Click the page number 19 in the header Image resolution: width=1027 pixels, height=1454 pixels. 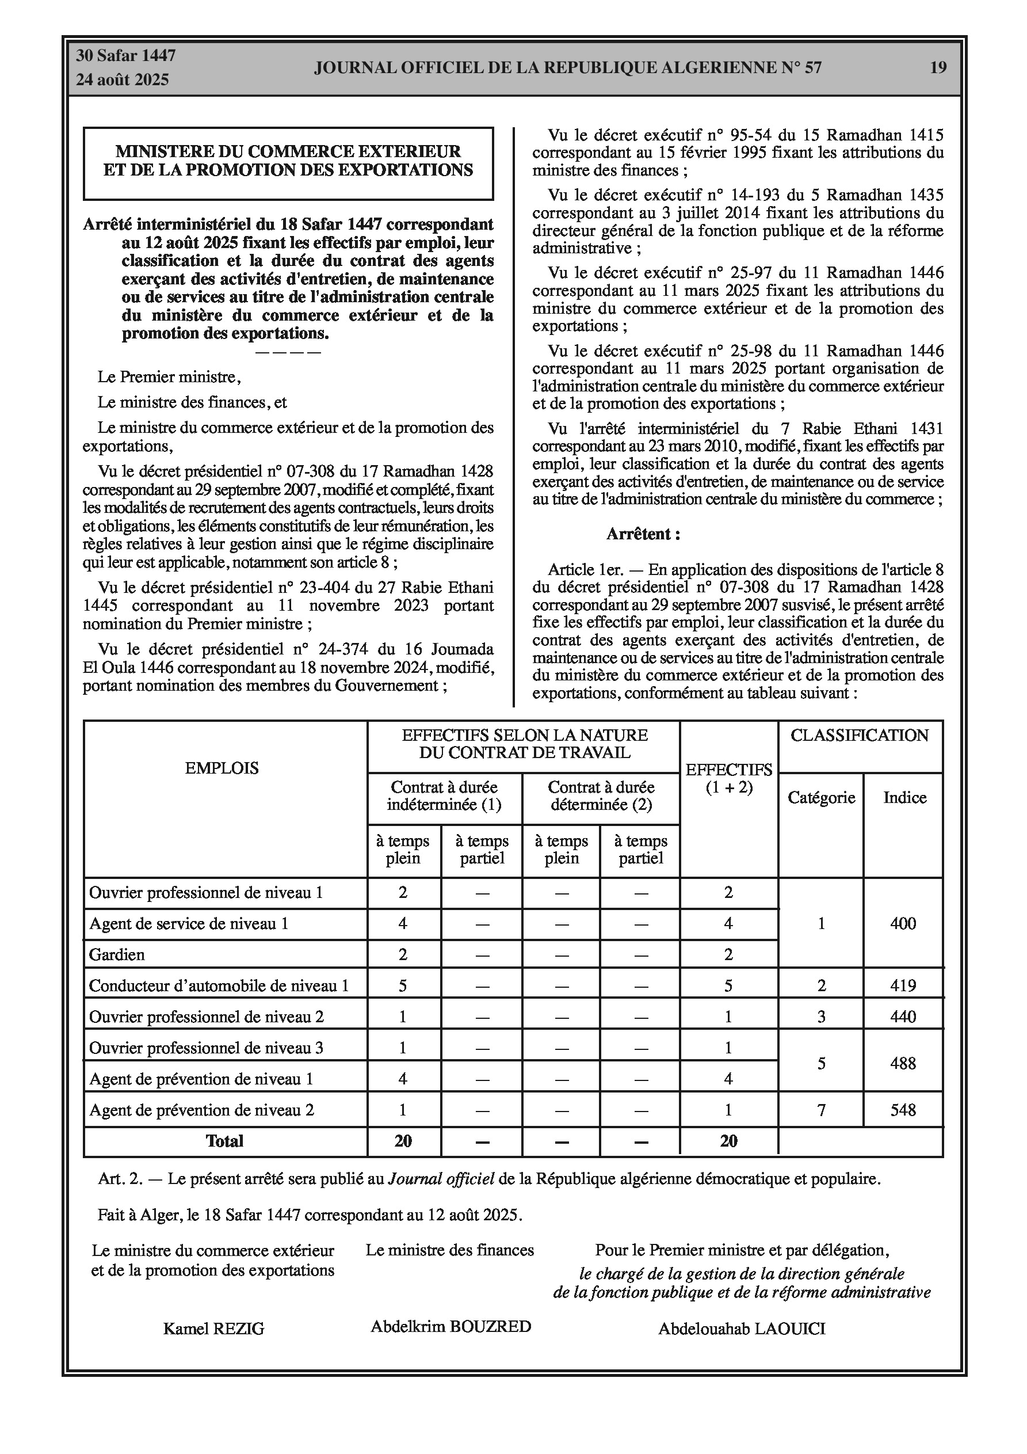tap(938, 67)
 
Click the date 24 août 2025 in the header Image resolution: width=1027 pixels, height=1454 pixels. tap(122, 80)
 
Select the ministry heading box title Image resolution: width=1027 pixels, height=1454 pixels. tap(288, 161)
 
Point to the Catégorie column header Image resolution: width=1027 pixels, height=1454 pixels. tap(821, 797)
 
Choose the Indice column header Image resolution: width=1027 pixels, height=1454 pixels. tap(905, 797)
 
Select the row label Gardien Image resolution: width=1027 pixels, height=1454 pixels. tap(117, 954)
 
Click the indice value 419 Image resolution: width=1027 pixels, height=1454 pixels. tap(903, 985)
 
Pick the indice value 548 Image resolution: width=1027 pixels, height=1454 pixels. tap(903, 1110)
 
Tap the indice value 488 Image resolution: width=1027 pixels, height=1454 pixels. tap(903, 1063)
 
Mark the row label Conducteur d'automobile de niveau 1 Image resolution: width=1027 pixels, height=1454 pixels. tap(219, 985)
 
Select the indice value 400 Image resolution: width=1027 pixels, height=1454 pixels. tap(903, 923)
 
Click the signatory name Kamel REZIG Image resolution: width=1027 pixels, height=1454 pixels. tap(213, 1329)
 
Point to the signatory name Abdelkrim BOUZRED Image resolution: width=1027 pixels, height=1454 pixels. tap(451, 1326)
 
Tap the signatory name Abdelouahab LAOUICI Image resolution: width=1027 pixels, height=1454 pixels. tap(742, 1329)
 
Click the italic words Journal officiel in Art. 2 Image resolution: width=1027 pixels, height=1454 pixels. tap(441, 1178)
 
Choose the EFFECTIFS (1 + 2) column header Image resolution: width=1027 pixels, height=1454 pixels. tap(729, 778)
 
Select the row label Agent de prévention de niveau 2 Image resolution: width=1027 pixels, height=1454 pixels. tap(201, 1110)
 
